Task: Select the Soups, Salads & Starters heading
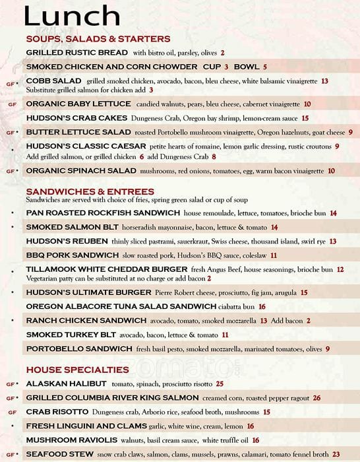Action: click(x=98, y=39)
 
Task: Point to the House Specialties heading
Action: click(x=77, y=370)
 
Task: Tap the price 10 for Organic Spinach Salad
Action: click(x=331, y=171)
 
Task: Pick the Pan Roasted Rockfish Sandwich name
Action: click(x=103, y=213)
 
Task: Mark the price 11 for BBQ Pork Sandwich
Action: click(x=273, y=255)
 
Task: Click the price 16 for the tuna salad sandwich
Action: click(x=262, y=307)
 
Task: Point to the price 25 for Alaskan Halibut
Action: click(x=220, y=383)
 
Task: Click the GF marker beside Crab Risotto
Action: click(x=11, y=412)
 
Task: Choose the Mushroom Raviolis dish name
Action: click(x=72, y=440)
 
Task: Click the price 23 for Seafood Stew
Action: click(x=336, y=454)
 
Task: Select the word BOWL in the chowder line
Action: click(x=247, y=67)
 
